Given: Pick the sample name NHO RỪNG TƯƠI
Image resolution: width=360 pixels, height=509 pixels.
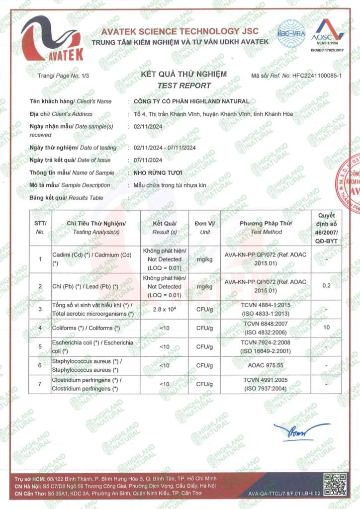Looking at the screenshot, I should pyautogui.click(x=155, y=173).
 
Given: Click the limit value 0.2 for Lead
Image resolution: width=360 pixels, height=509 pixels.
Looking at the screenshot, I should pyautogui.click(x=326, y=286).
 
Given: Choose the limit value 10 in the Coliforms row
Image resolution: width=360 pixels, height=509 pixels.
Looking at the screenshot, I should pyautogui.click(x=326, y=328).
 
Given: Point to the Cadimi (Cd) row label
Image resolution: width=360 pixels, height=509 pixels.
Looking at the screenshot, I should pyautogui.click(x=92, y=258).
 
